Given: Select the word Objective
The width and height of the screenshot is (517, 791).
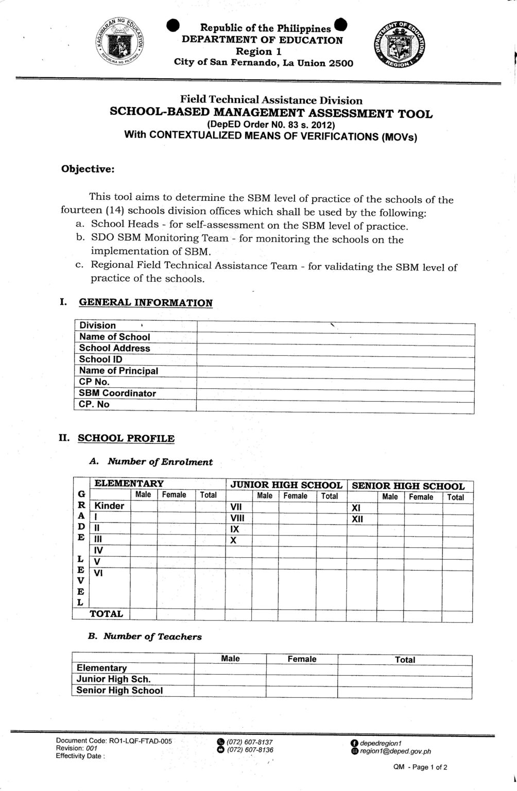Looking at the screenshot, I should [x=88, y=169].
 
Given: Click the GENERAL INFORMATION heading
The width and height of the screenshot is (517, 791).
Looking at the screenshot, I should [x=145, y=303].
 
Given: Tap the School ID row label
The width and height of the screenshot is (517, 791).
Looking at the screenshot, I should [x=101, y=359].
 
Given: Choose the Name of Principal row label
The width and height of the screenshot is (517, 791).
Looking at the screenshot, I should [x=118, y=371].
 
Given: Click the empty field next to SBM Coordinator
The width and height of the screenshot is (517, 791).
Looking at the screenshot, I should [x=335, y=393].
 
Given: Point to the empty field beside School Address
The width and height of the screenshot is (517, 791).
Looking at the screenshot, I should [x=335, y=348].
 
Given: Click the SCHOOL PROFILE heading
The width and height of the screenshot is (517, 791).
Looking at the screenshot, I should [x=126, y=439].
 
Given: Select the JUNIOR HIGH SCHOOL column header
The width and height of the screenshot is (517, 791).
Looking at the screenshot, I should [x=286, y=485].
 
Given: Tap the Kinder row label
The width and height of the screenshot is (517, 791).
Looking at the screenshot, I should [x=109, y=506].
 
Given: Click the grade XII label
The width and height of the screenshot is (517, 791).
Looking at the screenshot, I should [x=357, y=520].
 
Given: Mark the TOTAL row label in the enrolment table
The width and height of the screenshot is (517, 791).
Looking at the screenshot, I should [x=106, y=614].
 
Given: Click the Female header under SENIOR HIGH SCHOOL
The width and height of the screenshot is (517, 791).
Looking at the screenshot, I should [x=421, y=497].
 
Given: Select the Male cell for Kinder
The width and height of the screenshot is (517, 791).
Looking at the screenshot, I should [x=143, y=506].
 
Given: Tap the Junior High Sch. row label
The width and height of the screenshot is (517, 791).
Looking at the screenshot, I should [x=113, y=679].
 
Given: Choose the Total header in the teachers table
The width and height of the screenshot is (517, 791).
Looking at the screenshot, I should [x=405, y=660].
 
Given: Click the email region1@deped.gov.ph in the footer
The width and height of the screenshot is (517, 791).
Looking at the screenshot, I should [x=395, y=751].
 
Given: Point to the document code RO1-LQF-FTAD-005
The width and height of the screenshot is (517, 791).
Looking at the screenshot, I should [x=140, y=742].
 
